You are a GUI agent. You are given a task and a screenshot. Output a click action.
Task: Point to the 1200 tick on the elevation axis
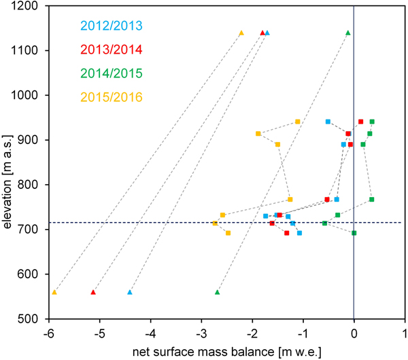pos(27,6)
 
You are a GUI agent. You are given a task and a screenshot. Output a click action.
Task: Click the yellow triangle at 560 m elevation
pos(54,292)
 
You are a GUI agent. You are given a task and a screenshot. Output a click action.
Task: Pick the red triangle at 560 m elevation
pos(93,292)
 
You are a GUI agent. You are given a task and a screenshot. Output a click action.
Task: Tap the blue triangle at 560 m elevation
pos(130,292)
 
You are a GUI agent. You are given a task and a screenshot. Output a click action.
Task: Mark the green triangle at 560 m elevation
pos(218,292)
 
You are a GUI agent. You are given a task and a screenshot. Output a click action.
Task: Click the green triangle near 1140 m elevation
pos(348,33)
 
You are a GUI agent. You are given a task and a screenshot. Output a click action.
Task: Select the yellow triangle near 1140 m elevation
pos(241,33)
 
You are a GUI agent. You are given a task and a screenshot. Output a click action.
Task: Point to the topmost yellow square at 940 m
pos(298,122)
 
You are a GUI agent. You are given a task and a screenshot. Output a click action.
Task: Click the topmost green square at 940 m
pos(372,122)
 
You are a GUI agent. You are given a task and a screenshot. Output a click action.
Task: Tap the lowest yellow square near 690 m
pos(228,233)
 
